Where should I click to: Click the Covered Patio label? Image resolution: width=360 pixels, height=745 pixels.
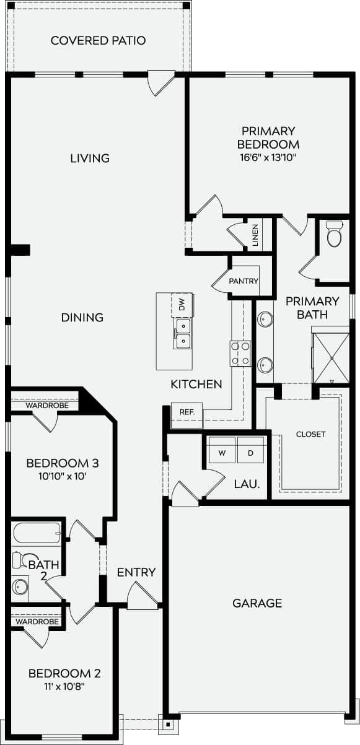pyautogui.click(x=98, y=41)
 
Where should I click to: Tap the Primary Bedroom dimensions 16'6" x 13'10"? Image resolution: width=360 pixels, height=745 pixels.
pyautogui.click(x=269, y=157)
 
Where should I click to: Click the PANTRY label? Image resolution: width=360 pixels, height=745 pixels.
pyautogui.click(x=243, y=281)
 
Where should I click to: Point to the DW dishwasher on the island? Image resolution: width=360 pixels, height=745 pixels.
pyautogui.click(x=182, y=304)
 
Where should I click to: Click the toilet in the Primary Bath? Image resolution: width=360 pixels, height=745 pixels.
pyautogui.click(x=335, y=234)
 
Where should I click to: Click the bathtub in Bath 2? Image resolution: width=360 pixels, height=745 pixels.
pyautogui.click(x=37, y=533)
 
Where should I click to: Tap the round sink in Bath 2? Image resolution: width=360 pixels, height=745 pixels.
pyautogui.click(x=21, y=585)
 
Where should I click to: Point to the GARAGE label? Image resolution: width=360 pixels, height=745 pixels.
pyautogui.click(x=257, y=603)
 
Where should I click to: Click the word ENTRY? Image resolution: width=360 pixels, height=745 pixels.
pyautogui.click(x=136, y=572)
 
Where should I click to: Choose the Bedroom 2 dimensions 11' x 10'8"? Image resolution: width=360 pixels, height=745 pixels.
pyautogui.click(x=64, y=687)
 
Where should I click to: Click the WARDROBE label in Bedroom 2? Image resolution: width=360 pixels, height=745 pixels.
pyautogui.click(x=37, y=621)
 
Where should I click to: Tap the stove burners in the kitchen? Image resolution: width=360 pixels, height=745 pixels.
pyautogui.click(x=240, y=353)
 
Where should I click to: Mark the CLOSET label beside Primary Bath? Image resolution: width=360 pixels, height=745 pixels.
pyautogui.click(x=310, y=434)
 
